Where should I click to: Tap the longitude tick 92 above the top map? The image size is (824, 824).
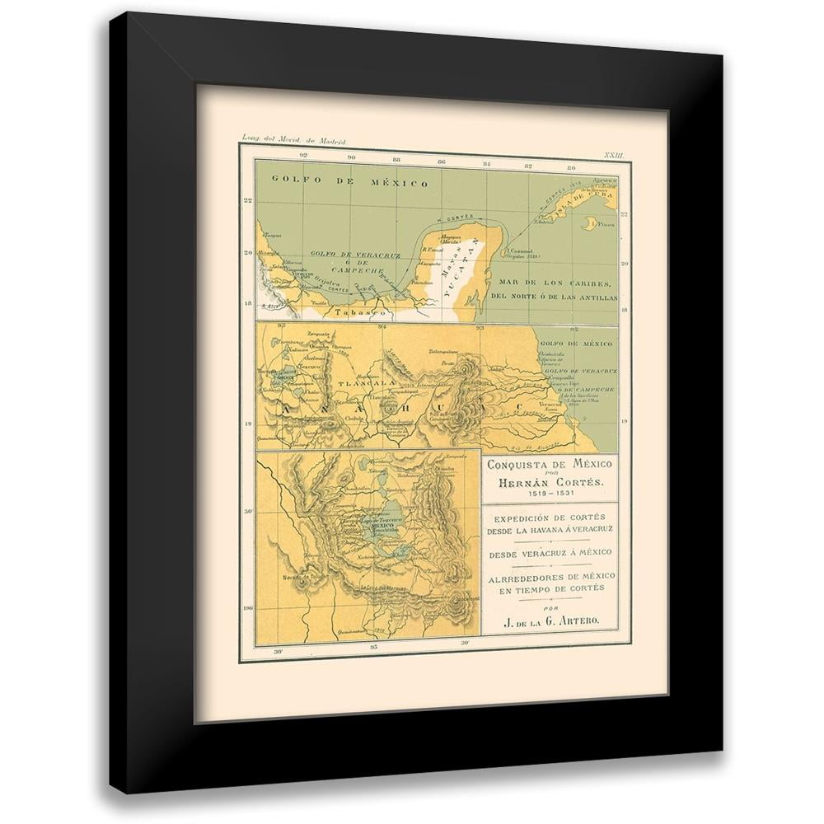point(304,154)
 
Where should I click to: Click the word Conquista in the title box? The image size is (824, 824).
point(515,465)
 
